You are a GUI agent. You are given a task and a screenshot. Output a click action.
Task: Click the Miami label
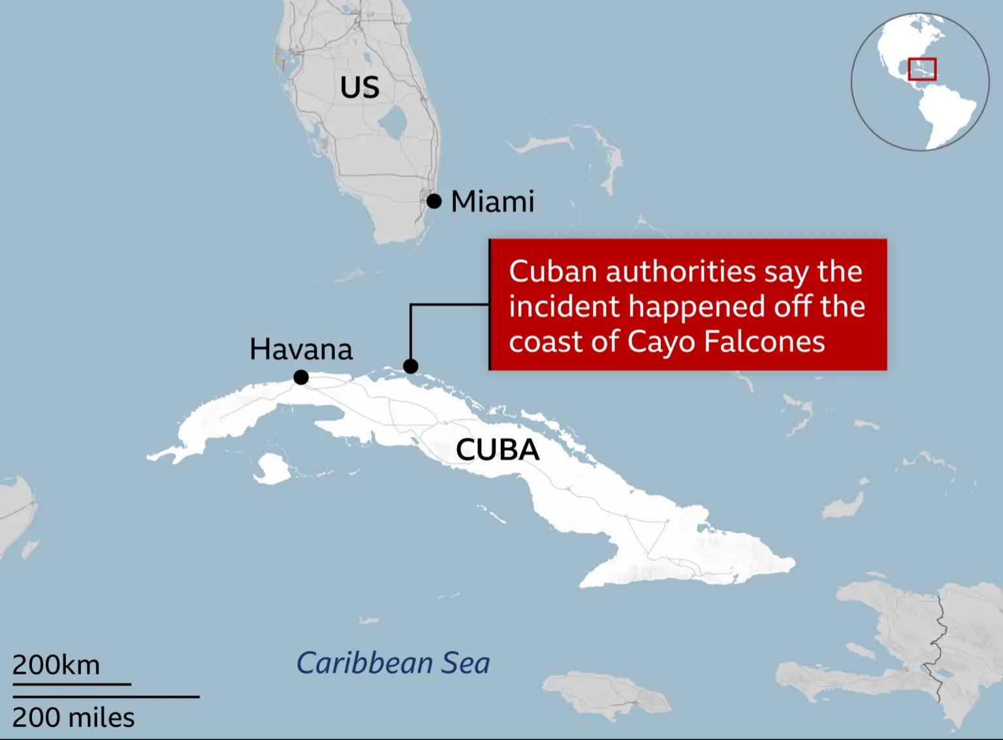click(492, 201)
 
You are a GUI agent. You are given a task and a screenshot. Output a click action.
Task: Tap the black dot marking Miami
click(434, 201)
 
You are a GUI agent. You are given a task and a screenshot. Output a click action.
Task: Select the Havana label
click(301, 349)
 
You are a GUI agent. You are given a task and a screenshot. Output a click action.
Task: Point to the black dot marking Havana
click(301, 378)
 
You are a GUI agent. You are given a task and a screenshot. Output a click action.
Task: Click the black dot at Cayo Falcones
click(411, 366)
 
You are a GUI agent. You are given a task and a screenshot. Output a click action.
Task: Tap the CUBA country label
click(498, 449)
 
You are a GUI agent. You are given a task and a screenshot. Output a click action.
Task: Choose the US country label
click(360, 88)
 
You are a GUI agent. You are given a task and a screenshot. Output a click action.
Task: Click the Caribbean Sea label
click(393, 663)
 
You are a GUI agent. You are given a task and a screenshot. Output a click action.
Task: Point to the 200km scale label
click(56, 665)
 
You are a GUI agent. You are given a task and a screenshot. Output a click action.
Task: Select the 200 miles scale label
click(73, 718)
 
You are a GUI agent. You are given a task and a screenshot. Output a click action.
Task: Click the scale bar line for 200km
click(72, 684)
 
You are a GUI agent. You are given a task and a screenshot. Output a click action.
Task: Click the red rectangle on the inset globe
click(922, 69)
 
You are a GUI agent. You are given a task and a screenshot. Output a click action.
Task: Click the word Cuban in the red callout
click(552, 272)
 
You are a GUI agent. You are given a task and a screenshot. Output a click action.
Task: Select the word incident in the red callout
click(564, 307)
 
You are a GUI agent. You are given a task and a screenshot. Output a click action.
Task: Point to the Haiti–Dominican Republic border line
click(940, 647)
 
